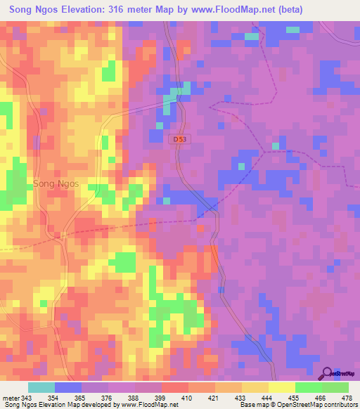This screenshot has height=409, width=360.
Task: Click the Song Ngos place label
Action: pos(56,183)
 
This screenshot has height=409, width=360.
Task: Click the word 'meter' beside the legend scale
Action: pos(11,398)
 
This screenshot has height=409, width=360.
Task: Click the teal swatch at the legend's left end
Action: pos(41,387)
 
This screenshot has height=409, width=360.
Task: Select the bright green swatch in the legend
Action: pos(309,387)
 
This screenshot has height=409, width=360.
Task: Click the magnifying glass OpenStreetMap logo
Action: pos(327,372)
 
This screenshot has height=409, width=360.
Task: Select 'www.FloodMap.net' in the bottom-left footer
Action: pos(148,405)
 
